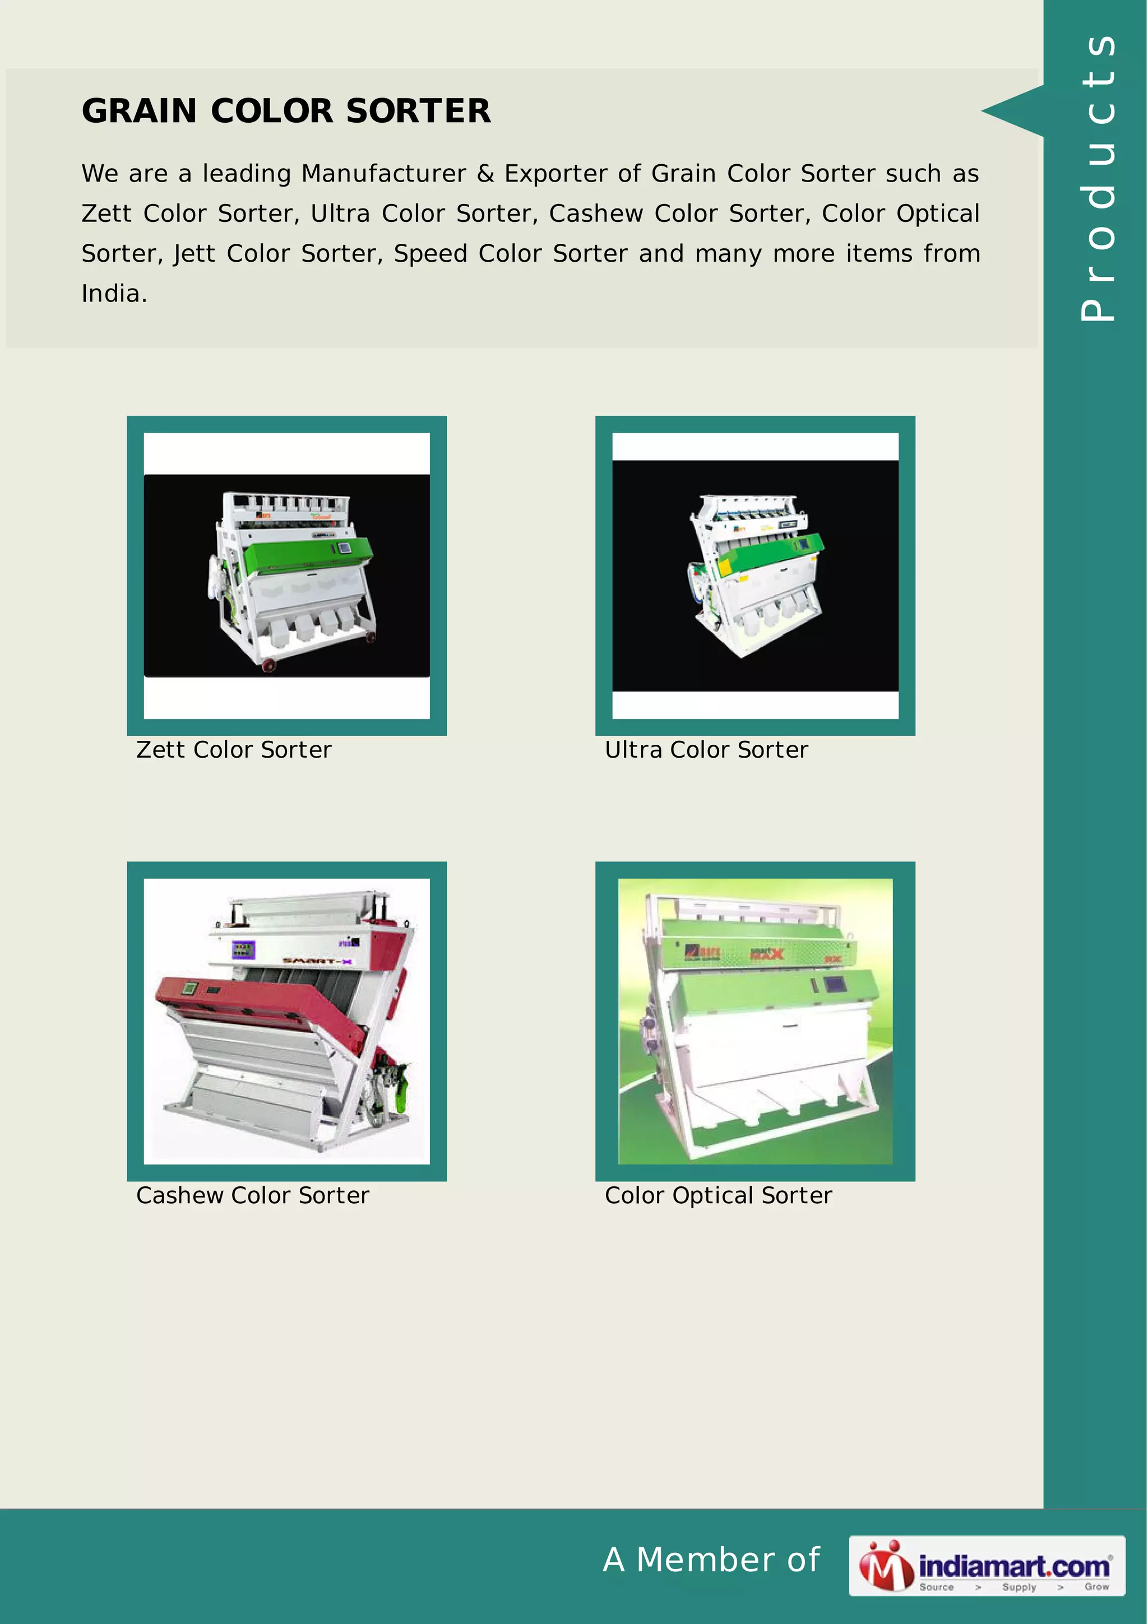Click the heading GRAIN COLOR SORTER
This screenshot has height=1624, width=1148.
[286, 111]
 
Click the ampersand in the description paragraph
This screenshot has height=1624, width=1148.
[485, 174]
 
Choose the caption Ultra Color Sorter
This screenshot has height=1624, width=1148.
[706, 750]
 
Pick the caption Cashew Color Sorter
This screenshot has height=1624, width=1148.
[252, 1195]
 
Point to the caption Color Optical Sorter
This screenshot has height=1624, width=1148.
[718, 1195]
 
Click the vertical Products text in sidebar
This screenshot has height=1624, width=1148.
[1097, 177]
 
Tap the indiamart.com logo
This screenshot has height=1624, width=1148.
[987, 1566]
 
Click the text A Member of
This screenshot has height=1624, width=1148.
[711, 1560]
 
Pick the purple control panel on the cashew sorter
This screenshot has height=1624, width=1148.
[243, 950]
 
